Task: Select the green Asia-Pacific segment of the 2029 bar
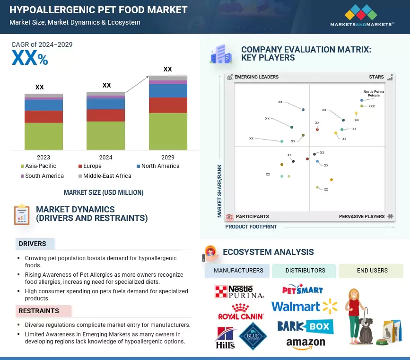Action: [168, 131]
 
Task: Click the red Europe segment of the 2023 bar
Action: [44, 116]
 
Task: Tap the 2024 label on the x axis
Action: [105, 157]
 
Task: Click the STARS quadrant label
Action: [376, 77]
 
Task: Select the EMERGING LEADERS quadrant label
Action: [256, 77]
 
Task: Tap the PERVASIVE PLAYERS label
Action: [362, 217]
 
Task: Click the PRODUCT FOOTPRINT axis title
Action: [251, 227]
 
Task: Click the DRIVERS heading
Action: [33, 244]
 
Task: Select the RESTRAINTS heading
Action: [39, 311]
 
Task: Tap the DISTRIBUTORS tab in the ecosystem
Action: [305, 271]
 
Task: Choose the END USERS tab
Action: [372, 271]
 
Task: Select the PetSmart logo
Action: [303, 290]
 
